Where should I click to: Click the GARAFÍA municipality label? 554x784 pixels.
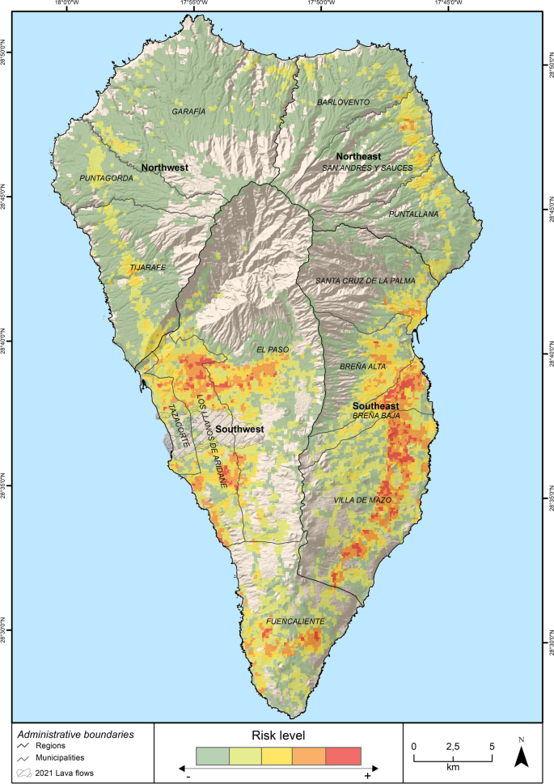(x=188, y=111)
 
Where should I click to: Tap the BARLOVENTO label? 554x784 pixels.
(x=343, y=102)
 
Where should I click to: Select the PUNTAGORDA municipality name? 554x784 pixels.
(x=106, y=178)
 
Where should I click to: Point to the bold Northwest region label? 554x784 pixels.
(x=164, y=167)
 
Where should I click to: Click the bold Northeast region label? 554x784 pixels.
(x=358, y=155)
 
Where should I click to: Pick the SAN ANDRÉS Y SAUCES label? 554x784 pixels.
(x=367, y=167)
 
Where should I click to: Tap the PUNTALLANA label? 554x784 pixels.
(x=413, y=214)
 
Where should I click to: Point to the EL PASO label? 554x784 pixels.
(x=272, y=350)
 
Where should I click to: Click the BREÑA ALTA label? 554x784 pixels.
(x=363, y=367)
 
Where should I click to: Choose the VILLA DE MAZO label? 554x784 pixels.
(x=363, y=501)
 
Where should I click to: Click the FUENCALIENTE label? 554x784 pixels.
(x=295, y=621)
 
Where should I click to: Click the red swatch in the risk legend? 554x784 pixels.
(x=343, y=756)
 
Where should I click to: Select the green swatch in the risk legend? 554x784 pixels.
(x=213, y=756)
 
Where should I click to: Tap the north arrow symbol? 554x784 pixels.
(x=522, y=756)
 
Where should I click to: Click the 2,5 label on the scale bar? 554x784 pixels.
(x=452, y=745)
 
